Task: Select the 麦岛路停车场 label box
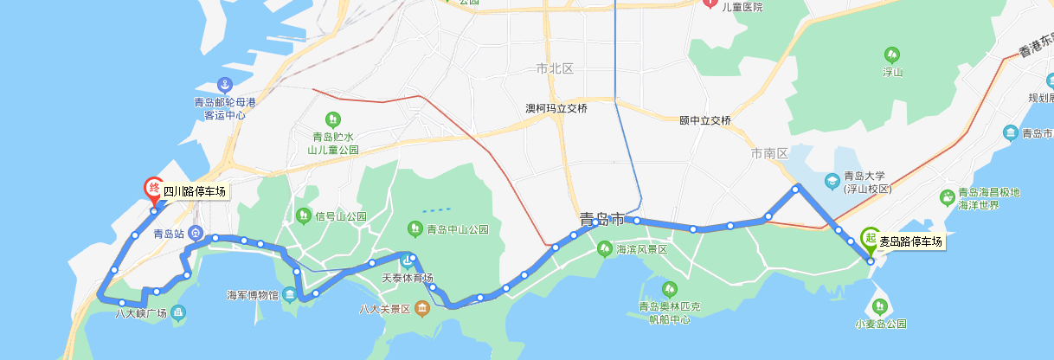pos(911,242)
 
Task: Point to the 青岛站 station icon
pos(197,233)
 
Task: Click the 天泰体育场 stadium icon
pos(408,260)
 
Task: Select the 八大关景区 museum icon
pos(421,308)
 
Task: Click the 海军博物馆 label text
pos(252,295)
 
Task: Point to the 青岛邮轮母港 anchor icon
pos(225,85)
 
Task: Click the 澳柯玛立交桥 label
pos(556,109)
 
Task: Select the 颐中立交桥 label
pos(705,120)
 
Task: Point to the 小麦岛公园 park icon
pos(880,306)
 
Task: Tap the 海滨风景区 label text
pos(641,249)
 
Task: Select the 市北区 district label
pos(555,68)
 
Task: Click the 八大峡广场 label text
pos(140,312)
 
